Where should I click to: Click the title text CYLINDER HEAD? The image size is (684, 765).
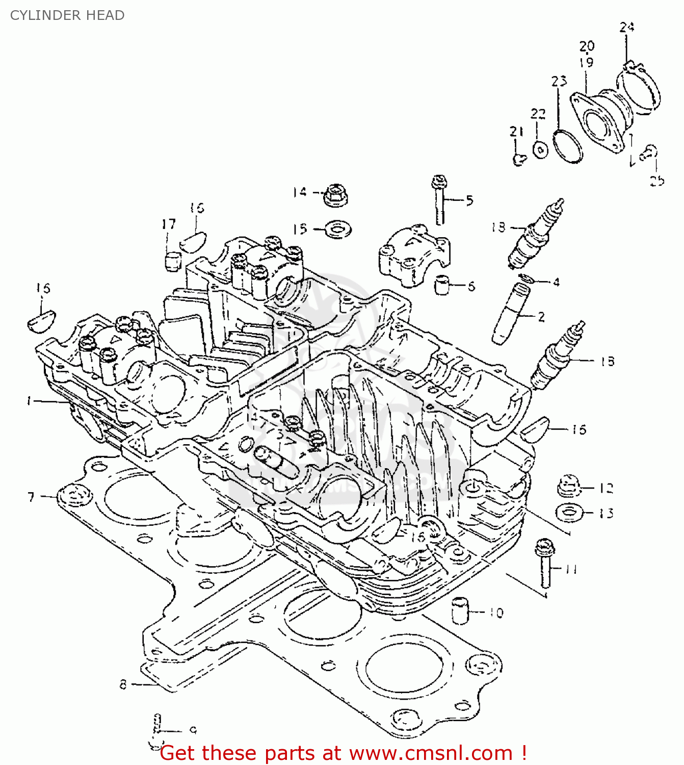[x=67, y=15]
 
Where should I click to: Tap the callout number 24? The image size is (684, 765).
[x=627, y=27]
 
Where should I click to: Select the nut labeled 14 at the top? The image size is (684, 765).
[x=335, y=195]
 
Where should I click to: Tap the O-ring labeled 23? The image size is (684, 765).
[x=567, y=146]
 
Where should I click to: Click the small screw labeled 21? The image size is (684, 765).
[x=518, y=160]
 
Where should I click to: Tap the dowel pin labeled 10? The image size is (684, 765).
[x=460, y=609]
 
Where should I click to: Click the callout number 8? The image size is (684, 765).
[x=123, y=684]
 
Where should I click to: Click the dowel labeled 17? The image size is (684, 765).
[x=173, y=261]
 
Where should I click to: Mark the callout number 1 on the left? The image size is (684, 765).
[x=30, y=401]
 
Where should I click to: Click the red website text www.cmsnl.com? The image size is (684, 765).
[x=431, y=753]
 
